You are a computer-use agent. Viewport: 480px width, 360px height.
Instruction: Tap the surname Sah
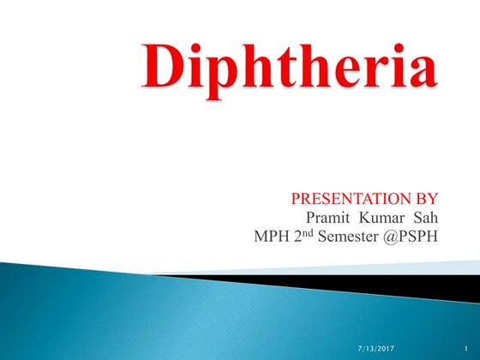click(x=424, y=219)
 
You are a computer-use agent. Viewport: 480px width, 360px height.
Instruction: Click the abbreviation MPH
click(x=272, y=237)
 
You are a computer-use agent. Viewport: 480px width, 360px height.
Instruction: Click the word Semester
click(x=345, y=237)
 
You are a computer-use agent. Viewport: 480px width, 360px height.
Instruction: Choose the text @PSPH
click(x=408, y=237)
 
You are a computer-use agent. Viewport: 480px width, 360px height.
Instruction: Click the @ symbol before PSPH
click(x=385, y=237)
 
